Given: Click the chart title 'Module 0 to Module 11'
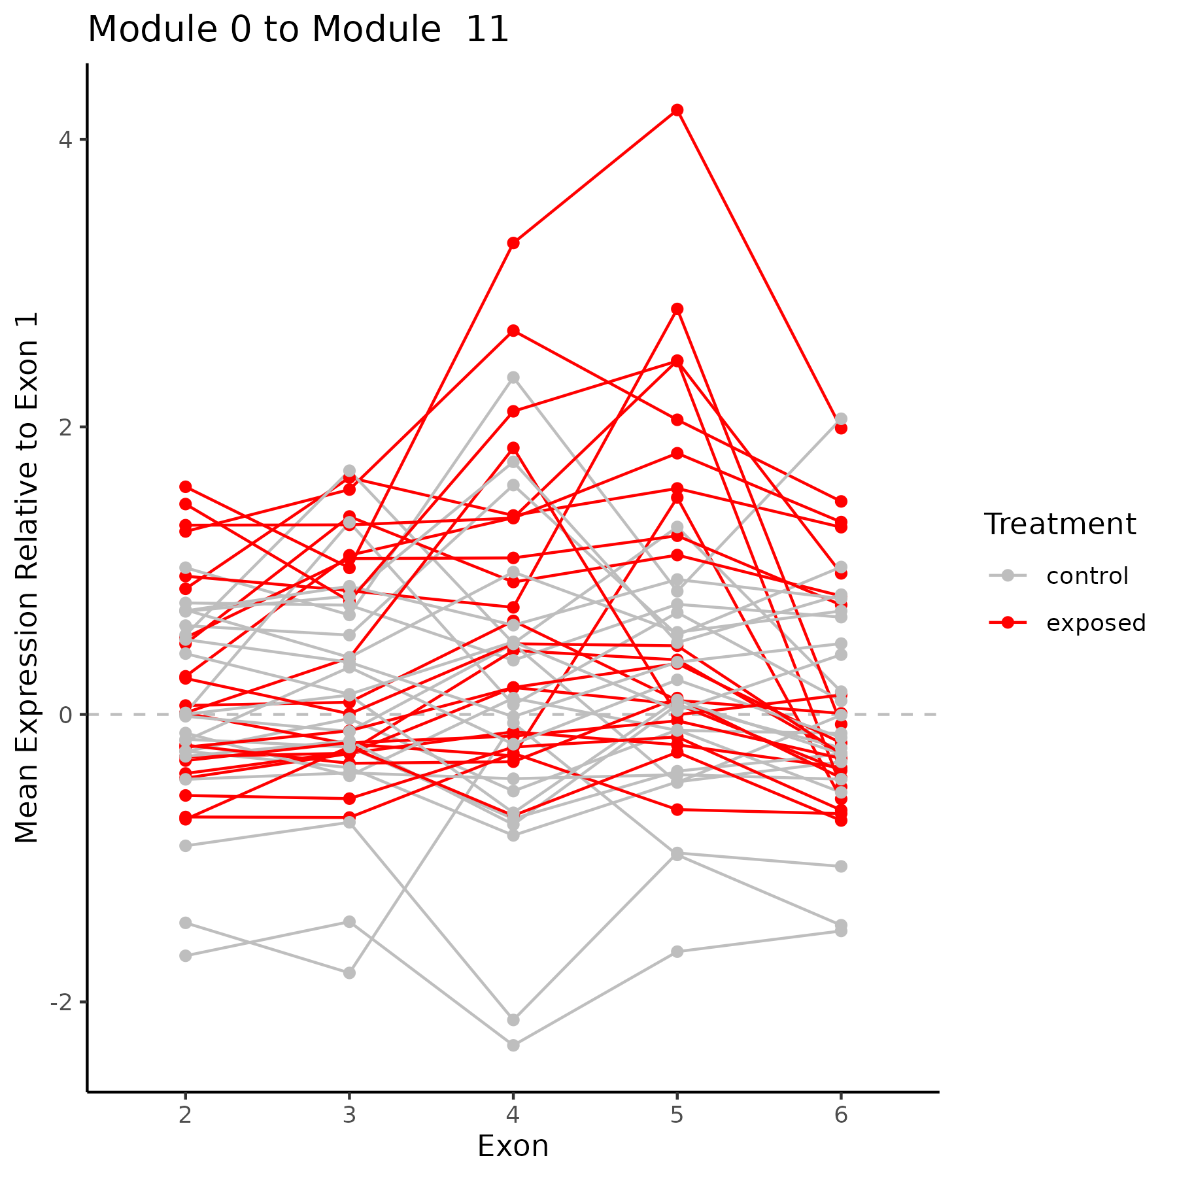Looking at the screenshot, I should pyautogui.click(x=298, y=30).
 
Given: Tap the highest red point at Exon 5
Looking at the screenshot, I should pyautogui.click(x=677, y=110).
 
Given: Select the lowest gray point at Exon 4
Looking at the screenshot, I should pyautogui.click(x=513, y=1046).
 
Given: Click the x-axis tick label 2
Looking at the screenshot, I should pyautogui.click(x=186, y=1115).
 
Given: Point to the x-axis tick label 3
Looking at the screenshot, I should pyautogui.click(x=350, y=1115).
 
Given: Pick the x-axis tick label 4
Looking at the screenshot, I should pyautogui.click(x=513, y=1115).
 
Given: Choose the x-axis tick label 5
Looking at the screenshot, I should pyautogui.click(x=677, y=1115).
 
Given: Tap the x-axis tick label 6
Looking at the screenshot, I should pyautogui.click(x=841, y=1115).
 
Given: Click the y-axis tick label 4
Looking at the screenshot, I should pyautogui.click(x=65, y=139).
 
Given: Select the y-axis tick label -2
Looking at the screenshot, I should pyautogui.click(x=61, y=1002).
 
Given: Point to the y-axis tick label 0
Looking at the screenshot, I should pyautogui.click(x=65, y=715).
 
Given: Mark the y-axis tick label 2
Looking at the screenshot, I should pyautogui.click(x=65, y=427).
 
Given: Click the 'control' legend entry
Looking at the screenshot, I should pyautogui.click(x=1087, y=576).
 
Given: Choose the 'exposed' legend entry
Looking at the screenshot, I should pyautogui.click(x=1096, y=623).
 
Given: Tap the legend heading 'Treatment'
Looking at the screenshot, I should pyautogui.click(x=1060, y=524).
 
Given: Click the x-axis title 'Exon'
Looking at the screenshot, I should pyautogui.click(x=513, y=1147).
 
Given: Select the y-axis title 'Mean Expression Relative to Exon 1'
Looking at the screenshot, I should pyautogui.click(x=27, y=577).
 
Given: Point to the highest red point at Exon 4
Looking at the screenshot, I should pyautogui.click(x=513, y=243).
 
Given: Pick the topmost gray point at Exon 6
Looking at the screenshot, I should pyautogui.click(x=841, y=419).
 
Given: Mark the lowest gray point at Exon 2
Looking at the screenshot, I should pyautogui.click(x=186, y=956).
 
